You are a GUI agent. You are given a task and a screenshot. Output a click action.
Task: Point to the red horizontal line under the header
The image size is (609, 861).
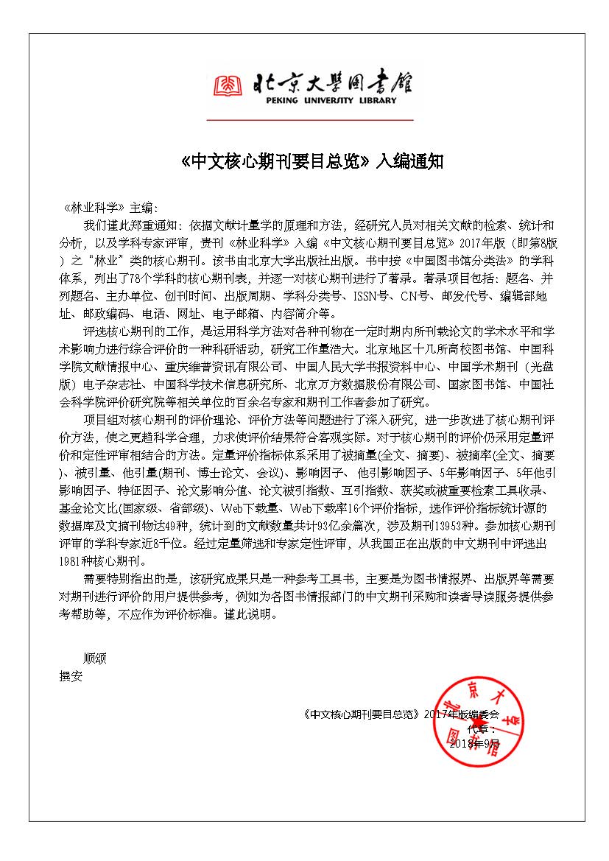pos(310,119)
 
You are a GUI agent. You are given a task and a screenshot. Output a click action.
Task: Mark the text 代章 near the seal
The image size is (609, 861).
pos(477,729)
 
